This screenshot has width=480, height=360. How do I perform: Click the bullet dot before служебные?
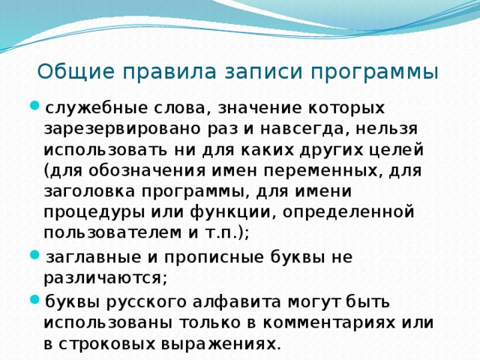click(35, 107)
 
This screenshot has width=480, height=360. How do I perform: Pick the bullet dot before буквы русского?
click(35, 300)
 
